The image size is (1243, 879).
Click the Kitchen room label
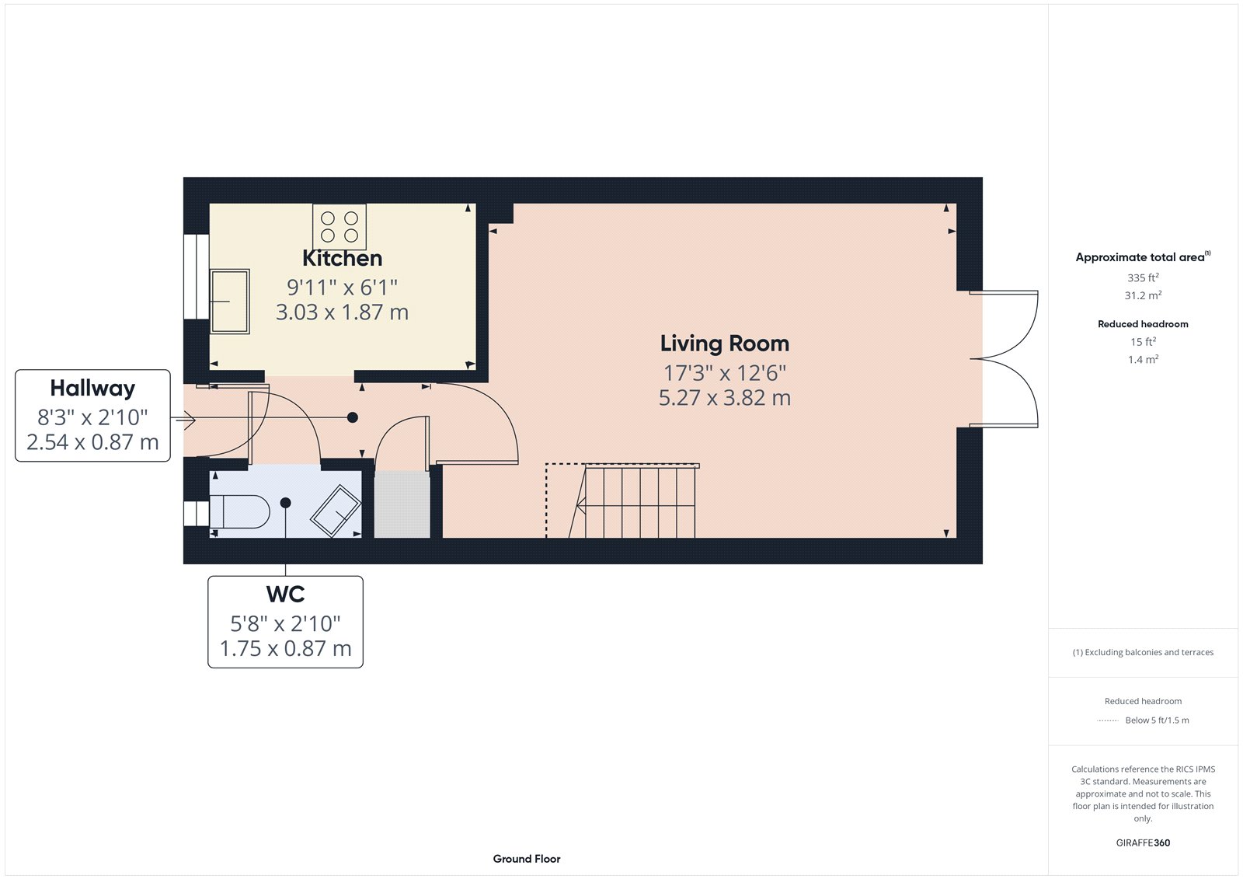tap(342, 258)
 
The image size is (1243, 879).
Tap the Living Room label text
tap(724, 344)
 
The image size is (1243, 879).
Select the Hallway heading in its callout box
tap(92, 388)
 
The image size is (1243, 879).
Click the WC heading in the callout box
tap(285, 595)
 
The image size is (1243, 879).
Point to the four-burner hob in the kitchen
tap(339, 226)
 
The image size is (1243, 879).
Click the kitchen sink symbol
tap(230, 302)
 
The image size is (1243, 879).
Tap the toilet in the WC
tap(239, 511)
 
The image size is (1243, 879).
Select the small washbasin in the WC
tap(335, 511)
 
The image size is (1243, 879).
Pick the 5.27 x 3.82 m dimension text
tap(724, 398)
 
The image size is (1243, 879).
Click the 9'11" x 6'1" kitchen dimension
tap(342, 288)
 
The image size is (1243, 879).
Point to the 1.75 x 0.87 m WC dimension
tap(285, 648)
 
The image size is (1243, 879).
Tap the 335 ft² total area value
tap(1143, 277)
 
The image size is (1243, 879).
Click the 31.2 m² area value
tap(1143, 295)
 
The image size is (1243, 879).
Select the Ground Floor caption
tap(526, 859)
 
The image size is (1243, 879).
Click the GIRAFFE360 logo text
tap(1143, 842)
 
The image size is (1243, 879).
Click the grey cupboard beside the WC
tap(402, 504)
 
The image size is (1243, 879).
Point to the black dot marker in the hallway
tap(352, 417)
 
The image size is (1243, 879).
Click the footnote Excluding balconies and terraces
tap(1143, 652)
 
